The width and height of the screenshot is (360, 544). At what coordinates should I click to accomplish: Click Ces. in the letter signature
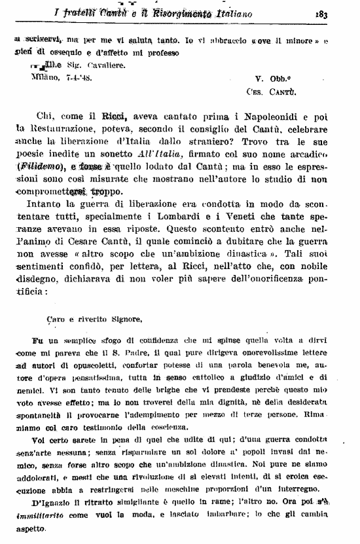point(256,92)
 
